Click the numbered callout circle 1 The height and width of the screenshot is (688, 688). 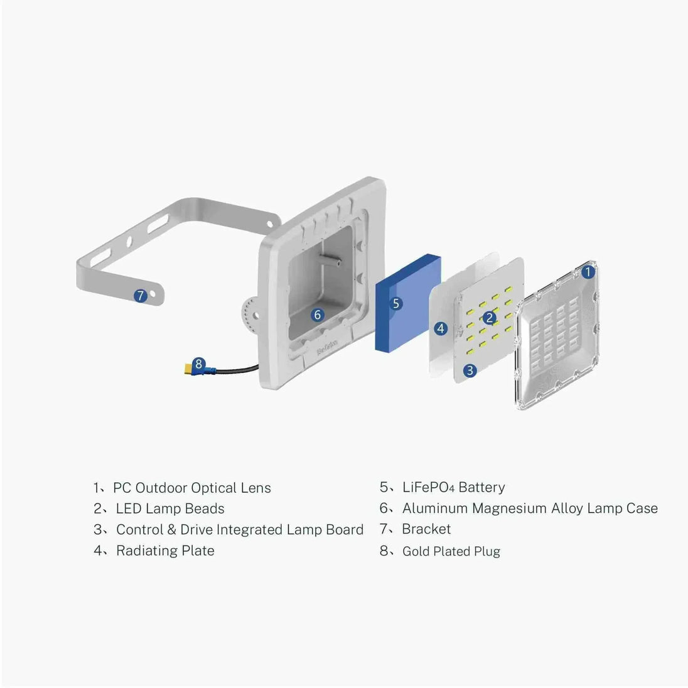pos(588,272)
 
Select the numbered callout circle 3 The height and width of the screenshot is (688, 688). pos(470,370)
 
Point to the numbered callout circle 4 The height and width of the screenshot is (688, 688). pos(441,328)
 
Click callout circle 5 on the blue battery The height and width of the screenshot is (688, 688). pos(395,303)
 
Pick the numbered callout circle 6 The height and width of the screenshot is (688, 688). pos(318,314)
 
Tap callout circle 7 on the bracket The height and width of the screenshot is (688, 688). pos(141,295)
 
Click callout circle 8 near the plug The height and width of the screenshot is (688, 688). pos(198,363)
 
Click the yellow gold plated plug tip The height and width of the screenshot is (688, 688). pos(188,369)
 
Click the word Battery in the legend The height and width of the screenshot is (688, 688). pos(481,487)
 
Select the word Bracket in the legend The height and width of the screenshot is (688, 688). pos(426,529)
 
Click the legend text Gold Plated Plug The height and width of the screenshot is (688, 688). pos(451,551)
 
